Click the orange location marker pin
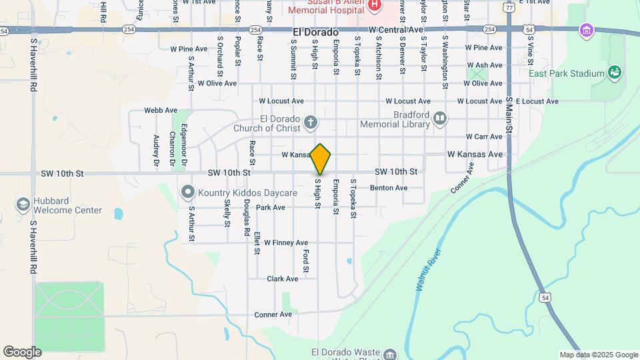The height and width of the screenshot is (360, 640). [321, 159]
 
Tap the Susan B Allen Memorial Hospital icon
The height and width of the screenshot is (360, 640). [374, 5]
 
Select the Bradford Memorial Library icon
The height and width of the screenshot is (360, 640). [439, 119]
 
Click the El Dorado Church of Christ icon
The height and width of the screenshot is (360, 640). [310, 123]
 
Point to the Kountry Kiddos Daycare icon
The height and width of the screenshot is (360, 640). [187, 193]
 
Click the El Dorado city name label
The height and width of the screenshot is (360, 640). [315, 32]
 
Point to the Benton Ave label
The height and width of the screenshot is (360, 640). [389, 188]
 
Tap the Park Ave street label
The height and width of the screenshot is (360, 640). [271, 207]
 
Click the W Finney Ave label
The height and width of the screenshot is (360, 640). [285, 243]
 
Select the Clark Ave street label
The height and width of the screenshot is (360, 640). [280, 279]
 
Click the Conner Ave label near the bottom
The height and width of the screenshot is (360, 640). [273, 314]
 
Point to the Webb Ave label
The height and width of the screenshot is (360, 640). [161, 111]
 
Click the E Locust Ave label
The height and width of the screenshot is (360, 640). [537, 101]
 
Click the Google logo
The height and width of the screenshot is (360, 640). [22, 351]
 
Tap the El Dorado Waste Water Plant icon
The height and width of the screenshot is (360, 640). [390, 353]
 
